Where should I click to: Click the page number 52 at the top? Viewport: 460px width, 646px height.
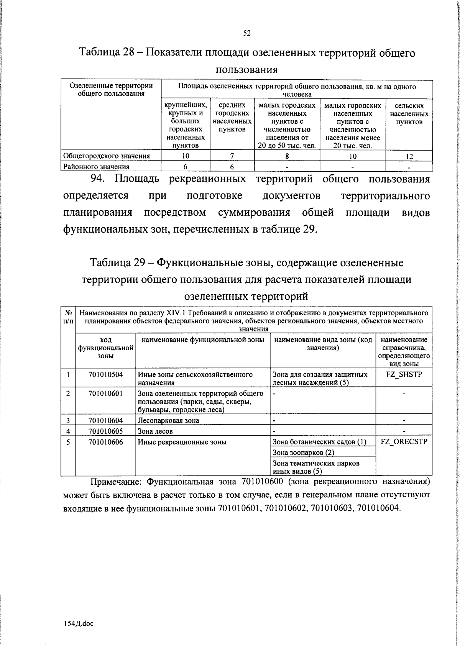[247, 33]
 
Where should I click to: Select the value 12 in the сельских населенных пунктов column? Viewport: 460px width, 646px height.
[409, 156]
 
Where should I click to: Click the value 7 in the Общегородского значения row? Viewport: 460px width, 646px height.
[232, 156]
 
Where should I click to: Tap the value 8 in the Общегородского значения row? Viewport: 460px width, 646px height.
[287, 156]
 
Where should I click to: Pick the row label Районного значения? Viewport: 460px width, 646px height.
[96, 167]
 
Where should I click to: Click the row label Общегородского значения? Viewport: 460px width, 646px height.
[106, 156]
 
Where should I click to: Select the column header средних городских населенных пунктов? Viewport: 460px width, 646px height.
[232, 117]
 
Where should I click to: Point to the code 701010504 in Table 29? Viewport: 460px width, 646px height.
[105, 374]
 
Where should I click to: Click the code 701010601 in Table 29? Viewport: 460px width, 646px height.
[105, 394]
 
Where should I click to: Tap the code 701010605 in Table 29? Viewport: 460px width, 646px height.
[105, 431]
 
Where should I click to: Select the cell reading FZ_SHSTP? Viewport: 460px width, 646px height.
[404, 374]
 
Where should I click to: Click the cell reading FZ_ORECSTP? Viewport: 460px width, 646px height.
[404, 442]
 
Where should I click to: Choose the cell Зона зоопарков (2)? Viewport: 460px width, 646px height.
[304, 453]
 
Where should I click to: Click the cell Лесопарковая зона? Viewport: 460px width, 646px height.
[168, 420]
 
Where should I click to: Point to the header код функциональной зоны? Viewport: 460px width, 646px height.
[105, 348]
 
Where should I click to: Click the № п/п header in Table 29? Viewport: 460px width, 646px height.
[68, 317]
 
